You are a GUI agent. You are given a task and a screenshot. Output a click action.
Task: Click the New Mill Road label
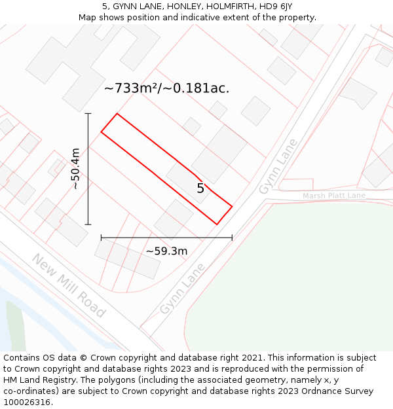[68, 285]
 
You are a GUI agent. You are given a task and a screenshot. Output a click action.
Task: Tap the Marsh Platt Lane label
[333, 196]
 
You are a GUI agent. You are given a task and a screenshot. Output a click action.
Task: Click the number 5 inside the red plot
[200, 188]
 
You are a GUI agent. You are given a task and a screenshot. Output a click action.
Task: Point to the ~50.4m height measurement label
[75, 169]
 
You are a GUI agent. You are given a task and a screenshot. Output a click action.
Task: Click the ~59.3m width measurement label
[166, 251]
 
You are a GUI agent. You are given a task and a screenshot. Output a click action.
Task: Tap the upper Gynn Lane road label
[278, 166]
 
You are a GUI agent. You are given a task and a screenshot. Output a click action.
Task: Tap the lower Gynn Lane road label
[182, 288]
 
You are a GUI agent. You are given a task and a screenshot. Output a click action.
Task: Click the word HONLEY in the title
[176, 7]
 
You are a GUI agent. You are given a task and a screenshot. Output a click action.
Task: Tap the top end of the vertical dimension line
[88, 113]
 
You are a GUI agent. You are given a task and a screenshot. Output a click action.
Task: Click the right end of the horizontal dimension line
[232, 238]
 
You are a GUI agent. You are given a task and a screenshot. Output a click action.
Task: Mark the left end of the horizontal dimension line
[101, 238]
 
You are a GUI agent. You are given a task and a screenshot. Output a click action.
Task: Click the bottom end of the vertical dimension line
[88, 224]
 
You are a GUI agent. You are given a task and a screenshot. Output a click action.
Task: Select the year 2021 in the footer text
[252, 358]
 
